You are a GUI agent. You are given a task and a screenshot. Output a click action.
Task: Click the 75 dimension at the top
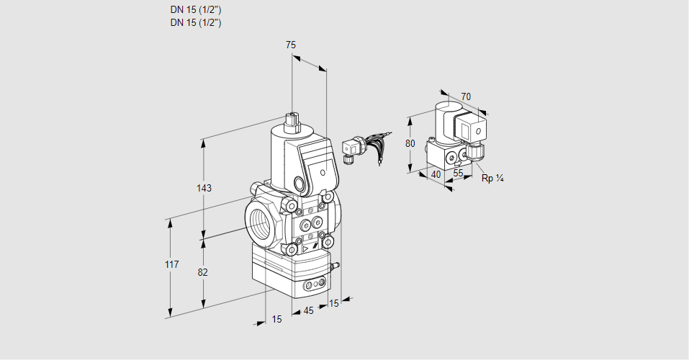point(291,45)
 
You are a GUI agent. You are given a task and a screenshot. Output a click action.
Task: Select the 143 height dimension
point(204,189)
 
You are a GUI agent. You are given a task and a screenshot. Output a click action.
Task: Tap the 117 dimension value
point(171,265)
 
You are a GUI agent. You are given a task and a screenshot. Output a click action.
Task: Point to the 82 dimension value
point(203,272)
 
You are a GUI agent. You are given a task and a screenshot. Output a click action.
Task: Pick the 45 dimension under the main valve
point(308,311)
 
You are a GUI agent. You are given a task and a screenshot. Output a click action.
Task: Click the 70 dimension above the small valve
point(466,96)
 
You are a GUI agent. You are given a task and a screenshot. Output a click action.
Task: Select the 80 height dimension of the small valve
point(410,143)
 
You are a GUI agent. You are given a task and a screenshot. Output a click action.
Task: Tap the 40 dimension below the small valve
point(435,174)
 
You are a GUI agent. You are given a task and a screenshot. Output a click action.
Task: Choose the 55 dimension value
point(458,174)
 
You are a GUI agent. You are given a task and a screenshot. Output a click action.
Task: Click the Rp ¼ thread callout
point(492,179)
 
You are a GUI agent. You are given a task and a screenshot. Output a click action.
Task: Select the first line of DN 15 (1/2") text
point(195,10)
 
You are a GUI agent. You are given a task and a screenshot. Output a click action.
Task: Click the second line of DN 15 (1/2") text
point(195,22)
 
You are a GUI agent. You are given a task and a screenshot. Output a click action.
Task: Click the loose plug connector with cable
point(351,149)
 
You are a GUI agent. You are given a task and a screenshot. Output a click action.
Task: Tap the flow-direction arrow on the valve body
point(307,248)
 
